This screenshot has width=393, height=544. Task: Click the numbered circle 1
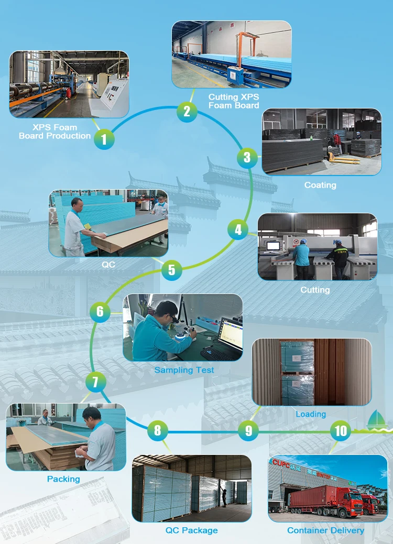[x=104, y=139]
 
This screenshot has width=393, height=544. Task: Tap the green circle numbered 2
[x=187, y=111]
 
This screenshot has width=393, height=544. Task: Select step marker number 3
[x=247, y=157]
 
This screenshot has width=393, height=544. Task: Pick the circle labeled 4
[x=238, y=229]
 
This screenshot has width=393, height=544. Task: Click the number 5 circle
[x=171, y=270]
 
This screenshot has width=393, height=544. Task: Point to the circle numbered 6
[x=100, y=312]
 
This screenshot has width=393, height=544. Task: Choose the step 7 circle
[x=95, y=381]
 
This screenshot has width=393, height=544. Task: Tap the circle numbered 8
[x=157, y=431]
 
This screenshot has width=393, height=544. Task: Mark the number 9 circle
[x=248, y=431]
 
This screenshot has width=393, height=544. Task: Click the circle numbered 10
[x=341, y=431]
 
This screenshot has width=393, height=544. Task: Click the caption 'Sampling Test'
[x=184, y=369]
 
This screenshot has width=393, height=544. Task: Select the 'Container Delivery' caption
[x=325, y=530]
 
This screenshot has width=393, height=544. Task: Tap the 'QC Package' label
[x=191, y=530]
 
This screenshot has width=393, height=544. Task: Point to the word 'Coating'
[x=320, y=185]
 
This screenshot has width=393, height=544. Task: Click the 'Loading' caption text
[x=311, y=414]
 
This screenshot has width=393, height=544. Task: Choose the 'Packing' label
[x=63, y=479]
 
